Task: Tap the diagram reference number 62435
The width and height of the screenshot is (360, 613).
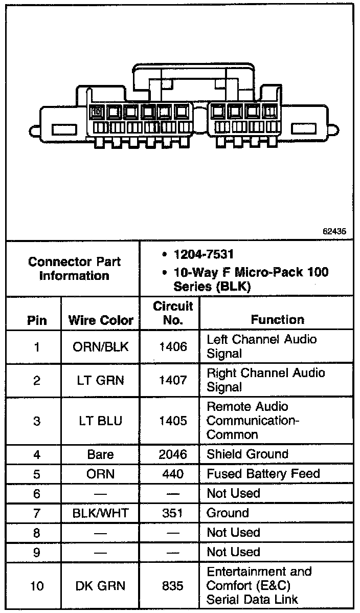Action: [x=334, y=231]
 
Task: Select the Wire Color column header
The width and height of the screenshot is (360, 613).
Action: [x=101, y=320]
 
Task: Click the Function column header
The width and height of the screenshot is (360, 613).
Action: [x=277, y=320]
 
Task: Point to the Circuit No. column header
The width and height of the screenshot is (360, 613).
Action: [x=173, y=313]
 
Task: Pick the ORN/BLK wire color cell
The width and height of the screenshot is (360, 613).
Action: [x=101, y=347]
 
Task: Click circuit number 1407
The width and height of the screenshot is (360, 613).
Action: [x=173, y=381]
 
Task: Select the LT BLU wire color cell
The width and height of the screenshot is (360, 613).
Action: [x=101, y=421]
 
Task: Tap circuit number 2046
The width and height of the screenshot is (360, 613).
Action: [x=173, y=454]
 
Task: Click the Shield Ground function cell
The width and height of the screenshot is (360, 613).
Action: [x=247, y=454]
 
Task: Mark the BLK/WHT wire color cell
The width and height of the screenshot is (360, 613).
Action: [x=101, y=513]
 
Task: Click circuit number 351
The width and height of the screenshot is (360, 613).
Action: [x=173, y=513]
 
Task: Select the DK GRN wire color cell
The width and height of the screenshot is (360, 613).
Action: [x=101, y=586]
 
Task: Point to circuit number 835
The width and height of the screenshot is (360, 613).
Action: [x=173, y=586]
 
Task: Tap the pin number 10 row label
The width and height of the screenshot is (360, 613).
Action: [x=37, y=586]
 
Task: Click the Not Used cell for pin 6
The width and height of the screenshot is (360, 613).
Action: [x=233, y=494]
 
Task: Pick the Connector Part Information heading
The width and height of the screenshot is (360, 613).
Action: [x=75, y=269]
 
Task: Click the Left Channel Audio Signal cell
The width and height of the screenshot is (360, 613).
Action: [x=261, y=346]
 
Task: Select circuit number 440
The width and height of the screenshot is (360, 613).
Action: [x=173, y=474]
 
